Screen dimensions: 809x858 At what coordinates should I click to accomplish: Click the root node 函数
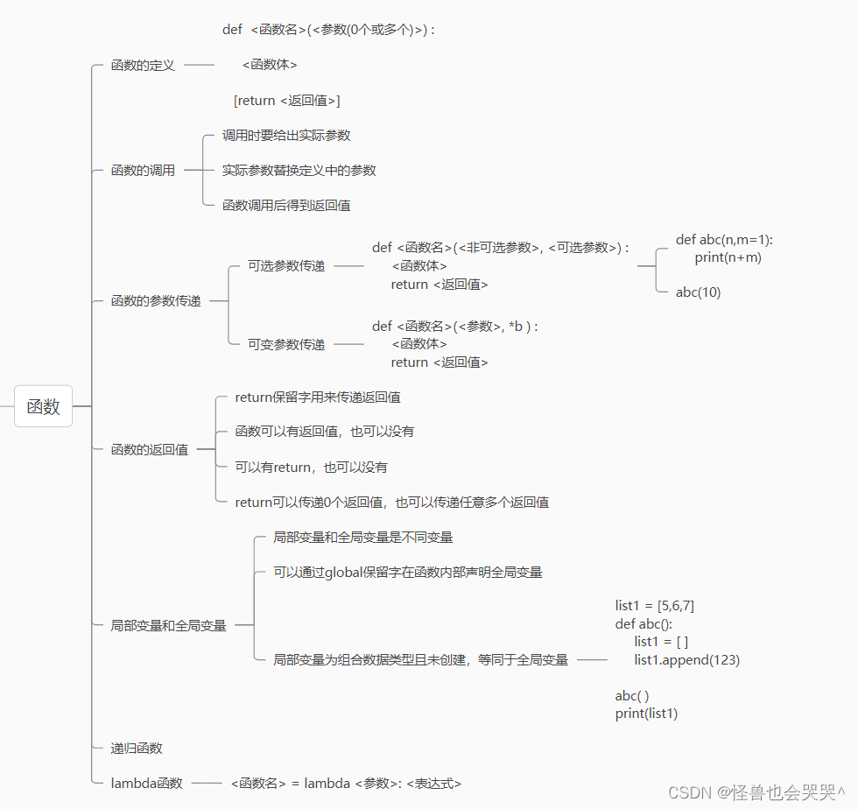pyautogui.click(x=43, y=406)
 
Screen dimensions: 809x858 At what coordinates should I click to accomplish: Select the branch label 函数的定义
pyautogui.click(x=143, y=65)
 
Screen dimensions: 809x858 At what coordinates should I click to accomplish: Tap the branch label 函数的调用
pyautogui.click(x=143, y=171)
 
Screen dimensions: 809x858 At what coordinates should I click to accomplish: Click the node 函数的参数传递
pyautogui.click(x=156, y=301)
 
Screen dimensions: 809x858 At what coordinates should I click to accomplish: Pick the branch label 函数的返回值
pyautogui.click(x=149, y=450)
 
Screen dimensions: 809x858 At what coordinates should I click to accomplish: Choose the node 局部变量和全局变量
pyautogui.click(x=168, y=625)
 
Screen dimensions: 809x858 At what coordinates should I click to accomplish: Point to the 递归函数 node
pyautogui.click(x=137, y=749)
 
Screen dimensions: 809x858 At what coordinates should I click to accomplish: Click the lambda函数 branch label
pyautogui.click(x=146, y=784)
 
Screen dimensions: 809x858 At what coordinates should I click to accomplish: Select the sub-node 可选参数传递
pyautogui.click(x=285, y=266)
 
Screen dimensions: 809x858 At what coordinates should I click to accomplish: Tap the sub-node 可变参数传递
pyautogui.click(x=285, y=345)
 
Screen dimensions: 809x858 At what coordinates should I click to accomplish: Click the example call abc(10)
pyautogui.click(x=698, y=292)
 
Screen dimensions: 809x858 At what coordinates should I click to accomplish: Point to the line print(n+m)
pyautogui.click(x=728, y=257)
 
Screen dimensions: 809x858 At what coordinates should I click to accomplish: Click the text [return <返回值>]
pyautogui.click(x=286, y=101)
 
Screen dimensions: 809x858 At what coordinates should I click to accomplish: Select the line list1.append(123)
pyautogui.click(x=686, y=660)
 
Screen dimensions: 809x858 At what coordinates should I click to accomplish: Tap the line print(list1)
pyautogui.click(x=646, y=714)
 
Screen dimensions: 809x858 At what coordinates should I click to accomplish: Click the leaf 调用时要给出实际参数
pyautogui.click(x=286, y=136)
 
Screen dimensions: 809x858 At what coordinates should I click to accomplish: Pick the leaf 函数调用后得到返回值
pyautogui.click(x=286, y=206)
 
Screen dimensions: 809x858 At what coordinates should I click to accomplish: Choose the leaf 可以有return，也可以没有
pyautogui.click(x=311, y=468)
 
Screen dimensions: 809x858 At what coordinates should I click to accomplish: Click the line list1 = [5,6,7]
pyautogui.click(x=655, y=606)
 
